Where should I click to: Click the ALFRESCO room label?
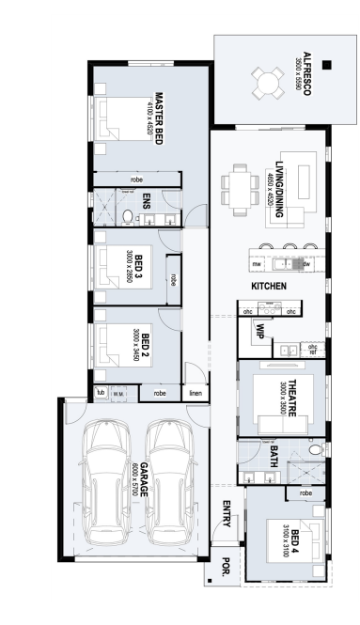click(x=306, y=73)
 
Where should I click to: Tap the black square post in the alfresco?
click(x=327, y=65)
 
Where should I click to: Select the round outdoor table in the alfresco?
click(x=268, y=84)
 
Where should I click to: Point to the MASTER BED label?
click(x=158, y=118)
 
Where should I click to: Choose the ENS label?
click(x=146, y=201)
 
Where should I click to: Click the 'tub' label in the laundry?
click(x=100, y=393)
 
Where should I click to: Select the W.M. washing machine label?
click(x=118, y=394)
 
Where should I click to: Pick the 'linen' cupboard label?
click(x=196, y=393)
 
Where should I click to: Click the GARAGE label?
click(x=144, y=480)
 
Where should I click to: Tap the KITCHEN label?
click(x=269, y=286)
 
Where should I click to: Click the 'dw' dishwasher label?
click(x=306, y=264)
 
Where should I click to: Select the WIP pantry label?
click(x=259, y=331)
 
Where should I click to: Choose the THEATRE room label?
click(x=292, y=398)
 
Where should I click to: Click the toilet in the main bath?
click(x=316, y=449)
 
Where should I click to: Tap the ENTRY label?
click(x=227, y=514)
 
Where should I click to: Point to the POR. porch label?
click(x=226, y=568)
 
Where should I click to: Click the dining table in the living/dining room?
click(x=240, y=190)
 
